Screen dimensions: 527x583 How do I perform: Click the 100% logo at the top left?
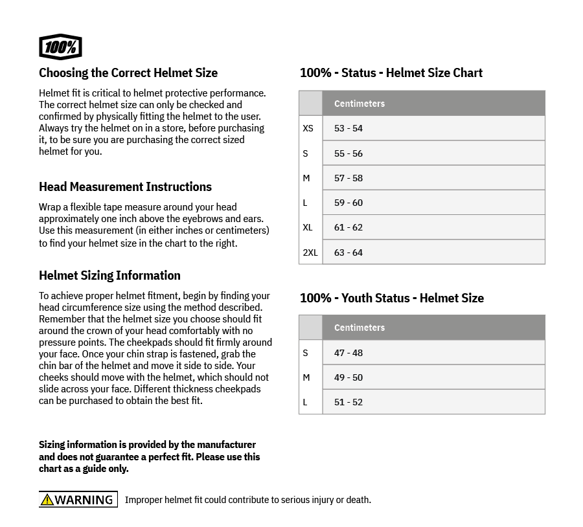point(60,47)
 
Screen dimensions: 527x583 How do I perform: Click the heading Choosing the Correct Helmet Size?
point(128,73)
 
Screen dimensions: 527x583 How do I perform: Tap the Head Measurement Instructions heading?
point(125,186)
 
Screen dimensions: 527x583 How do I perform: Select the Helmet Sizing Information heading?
point(109,275)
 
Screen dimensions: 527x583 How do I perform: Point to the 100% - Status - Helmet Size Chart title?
point(391,73)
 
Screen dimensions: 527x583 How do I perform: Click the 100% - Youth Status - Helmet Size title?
point(391,298)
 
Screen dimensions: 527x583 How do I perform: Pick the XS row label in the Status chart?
point(308,128)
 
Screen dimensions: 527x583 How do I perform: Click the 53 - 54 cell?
point(349,128)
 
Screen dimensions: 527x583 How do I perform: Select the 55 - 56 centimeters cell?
point(349,153)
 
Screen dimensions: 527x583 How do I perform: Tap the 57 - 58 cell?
point(349,178)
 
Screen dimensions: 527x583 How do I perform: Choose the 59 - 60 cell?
point(349,203)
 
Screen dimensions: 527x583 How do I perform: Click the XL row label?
point(308,227)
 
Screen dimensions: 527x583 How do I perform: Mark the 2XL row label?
point(310,252)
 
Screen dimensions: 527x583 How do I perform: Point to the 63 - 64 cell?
point(349,252)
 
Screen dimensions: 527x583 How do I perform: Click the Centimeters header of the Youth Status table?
point(360,328)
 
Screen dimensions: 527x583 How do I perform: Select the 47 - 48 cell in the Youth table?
point(349,353)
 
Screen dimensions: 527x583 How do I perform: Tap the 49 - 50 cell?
point(349,377)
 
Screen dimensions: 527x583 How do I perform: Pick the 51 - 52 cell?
point(349,402)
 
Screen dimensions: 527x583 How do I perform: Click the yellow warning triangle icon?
point(47,500)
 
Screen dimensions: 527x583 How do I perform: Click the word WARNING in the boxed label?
point(84,500)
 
